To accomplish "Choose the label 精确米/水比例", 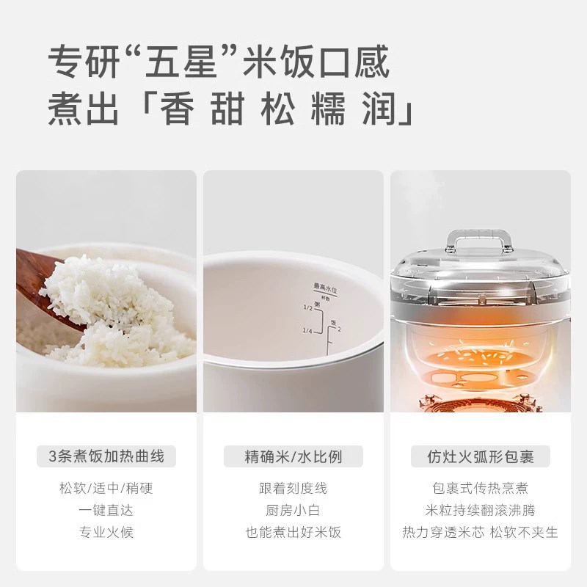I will [x=293, y=456].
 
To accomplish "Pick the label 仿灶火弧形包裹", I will [x=481, y=456].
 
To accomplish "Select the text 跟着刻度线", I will [x=293, y=488].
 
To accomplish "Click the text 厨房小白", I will [x=293, y=510].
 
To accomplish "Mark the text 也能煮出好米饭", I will [x=293, y=532].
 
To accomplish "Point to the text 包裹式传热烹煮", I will [x=481, y=488].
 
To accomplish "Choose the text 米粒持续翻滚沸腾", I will [x=481, y=510].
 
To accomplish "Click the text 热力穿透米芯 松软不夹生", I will [x=481, y=532].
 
